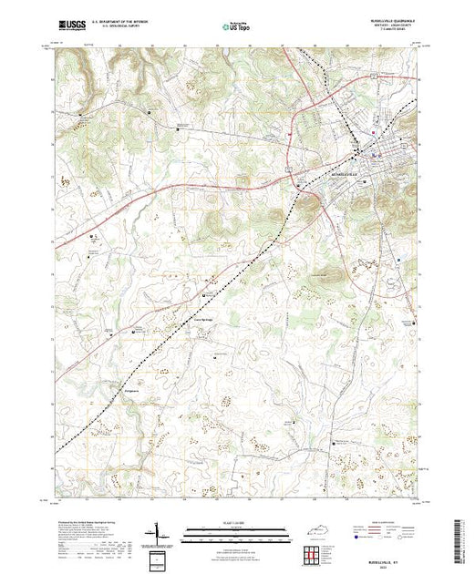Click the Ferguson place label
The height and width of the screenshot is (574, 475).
[x=131, y=389]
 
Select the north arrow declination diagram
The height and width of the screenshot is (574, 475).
[x=158, y=534]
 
